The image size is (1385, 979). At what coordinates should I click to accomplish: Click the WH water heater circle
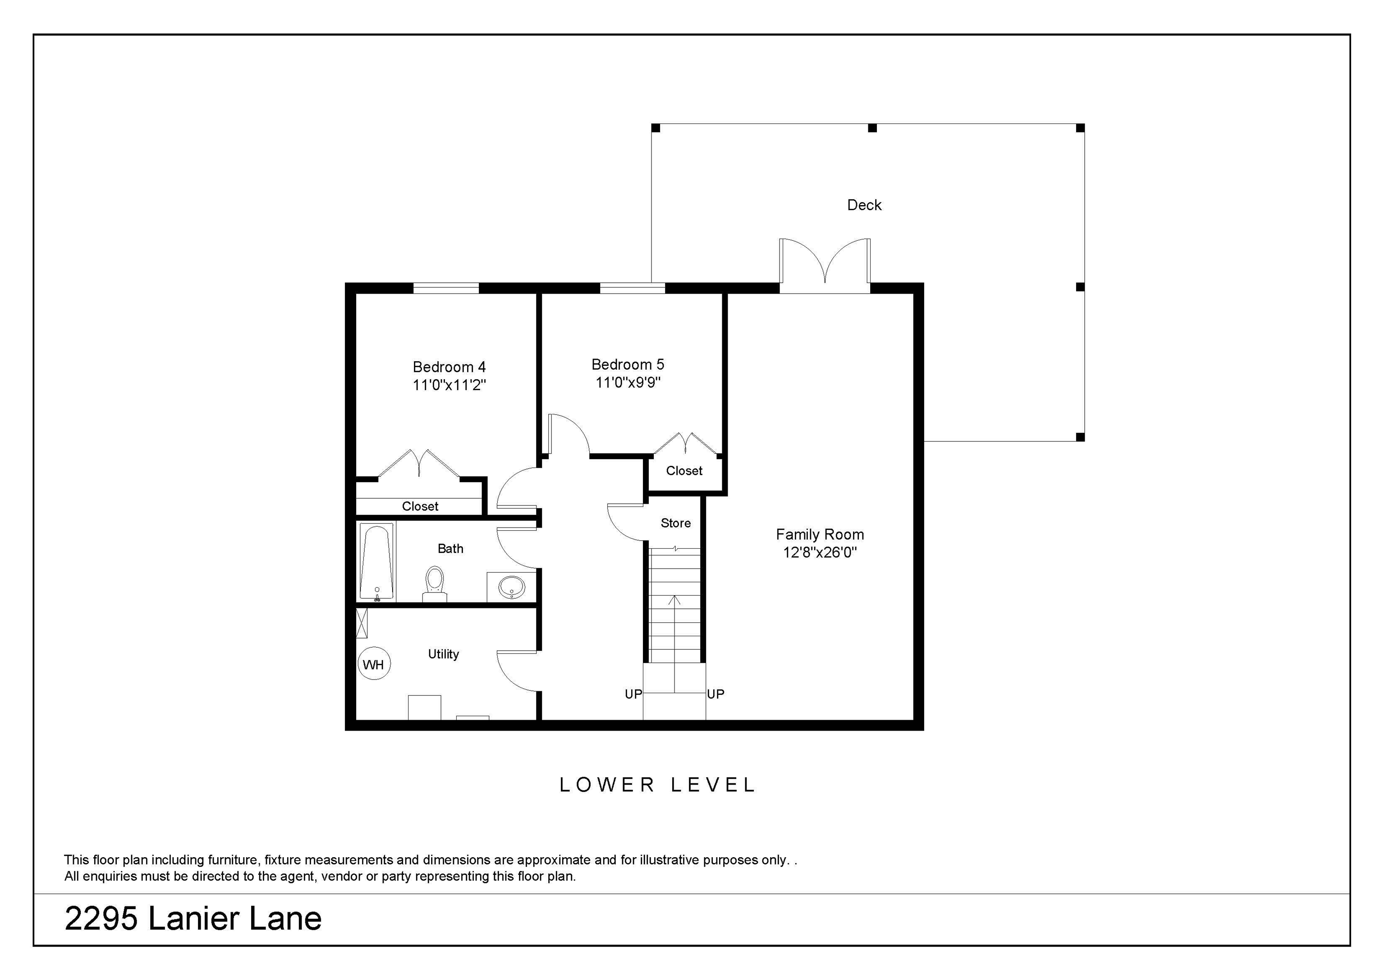coord(374,664)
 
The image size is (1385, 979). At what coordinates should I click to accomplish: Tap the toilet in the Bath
coord(434,584)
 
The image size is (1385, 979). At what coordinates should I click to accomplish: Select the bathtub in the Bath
coord(376,562)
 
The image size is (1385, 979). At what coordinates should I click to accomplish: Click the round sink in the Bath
coord(512,586)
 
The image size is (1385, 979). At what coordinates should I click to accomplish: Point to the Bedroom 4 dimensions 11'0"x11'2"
coord(449,385)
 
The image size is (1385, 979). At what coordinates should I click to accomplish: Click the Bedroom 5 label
coord(627,364)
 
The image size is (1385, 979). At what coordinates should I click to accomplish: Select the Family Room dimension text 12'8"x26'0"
coord(820,552)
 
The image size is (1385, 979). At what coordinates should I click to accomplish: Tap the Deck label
coord(864,205)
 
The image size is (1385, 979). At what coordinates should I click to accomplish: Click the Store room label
coord(676,523)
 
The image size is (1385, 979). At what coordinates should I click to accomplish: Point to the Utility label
coord(443,654)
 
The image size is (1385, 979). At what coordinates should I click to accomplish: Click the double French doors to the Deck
coord(825,266)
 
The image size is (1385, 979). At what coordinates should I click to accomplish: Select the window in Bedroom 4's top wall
coord(446,288)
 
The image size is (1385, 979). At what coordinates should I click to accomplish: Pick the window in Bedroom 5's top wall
coord(632,288)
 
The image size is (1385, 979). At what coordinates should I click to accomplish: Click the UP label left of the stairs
coord(633,694)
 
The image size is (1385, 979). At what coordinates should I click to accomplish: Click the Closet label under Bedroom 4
coord(420,506)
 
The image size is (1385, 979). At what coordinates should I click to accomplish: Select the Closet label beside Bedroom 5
coord(684,470)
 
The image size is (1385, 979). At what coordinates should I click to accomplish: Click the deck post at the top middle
coord(872,128)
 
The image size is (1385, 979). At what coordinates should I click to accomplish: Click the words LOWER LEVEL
coord(657,785)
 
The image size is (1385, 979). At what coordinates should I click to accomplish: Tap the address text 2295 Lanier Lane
coord(193,919)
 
